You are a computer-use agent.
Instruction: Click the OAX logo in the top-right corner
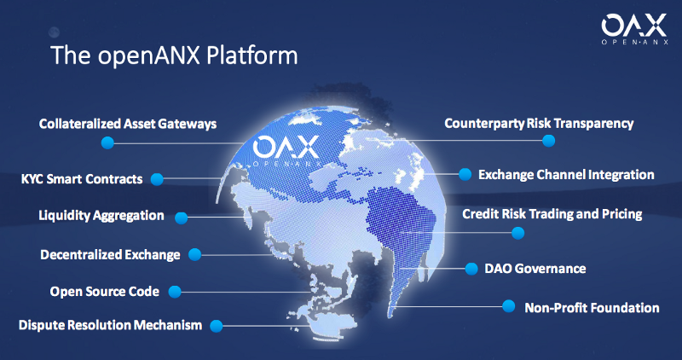coord(633,29)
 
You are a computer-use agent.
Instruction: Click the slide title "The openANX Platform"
coord(174,55)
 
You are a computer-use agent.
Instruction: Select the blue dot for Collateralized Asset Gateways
coord(107,142)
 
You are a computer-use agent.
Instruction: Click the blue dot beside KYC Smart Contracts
coord(157,179)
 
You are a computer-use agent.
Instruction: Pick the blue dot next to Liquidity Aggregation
coord(181,218)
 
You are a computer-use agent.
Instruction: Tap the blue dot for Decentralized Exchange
coord(194,255)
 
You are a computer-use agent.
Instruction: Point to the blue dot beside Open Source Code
coord(175,292)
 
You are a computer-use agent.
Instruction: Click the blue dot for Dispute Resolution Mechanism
coord(217,326)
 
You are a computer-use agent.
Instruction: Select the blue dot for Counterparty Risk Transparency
coord(548,141)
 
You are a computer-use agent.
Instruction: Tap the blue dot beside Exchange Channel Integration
coord(465,175)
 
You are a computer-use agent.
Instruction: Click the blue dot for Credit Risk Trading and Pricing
coord(517,233)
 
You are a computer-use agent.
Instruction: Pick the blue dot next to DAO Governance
coord(471,269)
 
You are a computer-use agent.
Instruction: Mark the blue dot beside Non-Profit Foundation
coord(508,306)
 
